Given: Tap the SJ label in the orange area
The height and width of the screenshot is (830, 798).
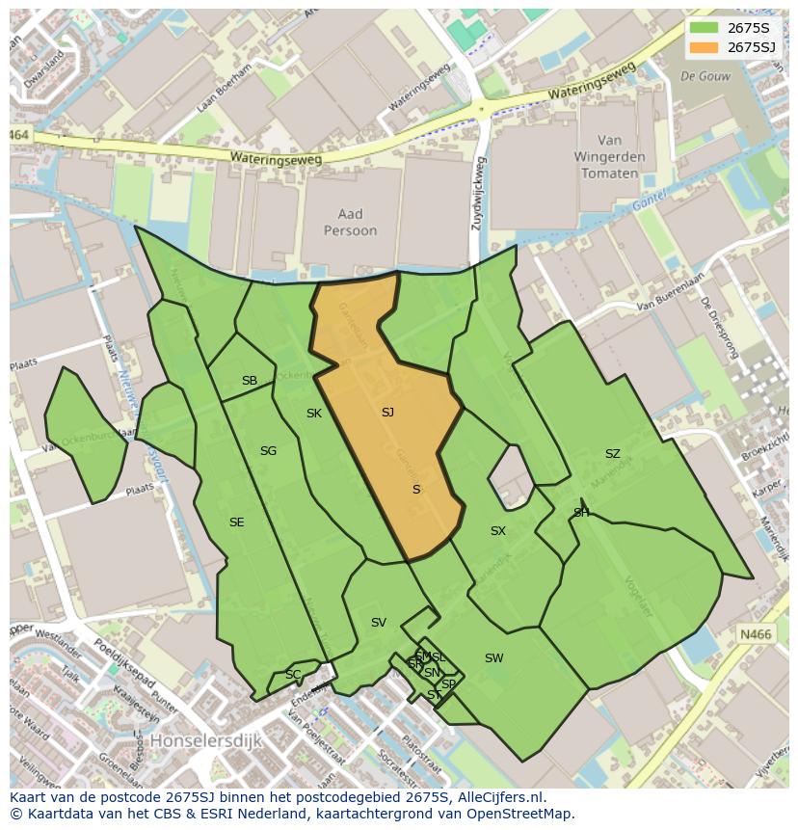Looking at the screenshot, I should coord(387,413).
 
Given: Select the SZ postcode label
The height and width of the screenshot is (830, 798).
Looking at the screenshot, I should coord(613,454).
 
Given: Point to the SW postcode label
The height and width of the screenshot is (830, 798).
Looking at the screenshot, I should coord(493,658).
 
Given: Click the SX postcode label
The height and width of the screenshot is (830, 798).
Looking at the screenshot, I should coord(497,531).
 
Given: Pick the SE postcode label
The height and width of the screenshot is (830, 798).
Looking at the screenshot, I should coord(236,522).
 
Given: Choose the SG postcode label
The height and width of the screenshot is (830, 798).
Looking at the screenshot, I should coord(268,451).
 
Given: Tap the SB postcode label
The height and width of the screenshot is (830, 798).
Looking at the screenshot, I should coord(250,381).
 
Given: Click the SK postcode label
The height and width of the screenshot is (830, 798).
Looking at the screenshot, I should coord(314,414).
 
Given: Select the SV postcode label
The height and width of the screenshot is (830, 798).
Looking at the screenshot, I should coord(378,623).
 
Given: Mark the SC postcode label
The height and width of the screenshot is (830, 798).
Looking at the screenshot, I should coord(293,674).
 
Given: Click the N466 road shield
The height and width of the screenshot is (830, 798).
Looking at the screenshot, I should coord(756,633).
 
